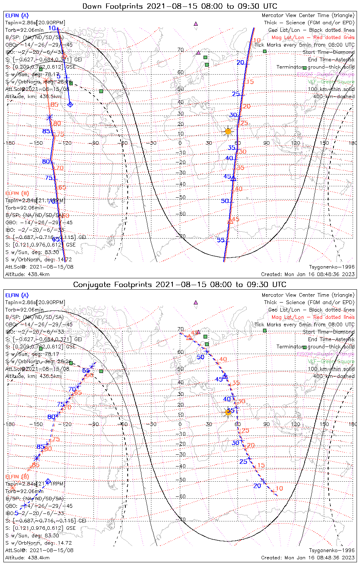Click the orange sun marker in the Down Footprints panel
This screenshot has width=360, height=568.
228,131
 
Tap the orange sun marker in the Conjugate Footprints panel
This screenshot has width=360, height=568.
228,412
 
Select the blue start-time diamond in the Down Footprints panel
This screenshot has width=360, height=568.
70,104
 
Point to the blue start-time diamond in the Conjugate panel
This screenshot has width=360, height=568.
48,481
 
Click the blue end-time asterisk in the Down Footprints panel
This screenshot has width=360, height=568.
49,117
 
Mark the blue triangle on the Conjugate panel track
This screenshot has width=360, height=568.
225,376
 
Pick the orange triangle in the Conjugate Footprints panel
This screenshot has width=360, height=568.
189,337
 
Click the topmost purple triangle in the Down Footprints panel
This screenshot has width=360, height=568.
196,23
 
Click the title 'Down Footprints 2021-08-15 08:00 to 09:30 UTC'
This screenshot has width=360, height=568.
180,6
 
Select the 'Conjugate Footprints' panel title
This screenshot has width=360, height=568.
180,284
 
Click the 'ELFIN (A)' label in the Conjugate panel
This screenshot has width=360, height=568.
17,295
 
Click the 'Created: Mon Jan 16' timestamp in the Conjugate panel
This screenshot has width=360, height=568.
308,557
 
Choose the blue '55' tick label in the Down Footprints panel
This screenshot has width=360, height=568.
221,240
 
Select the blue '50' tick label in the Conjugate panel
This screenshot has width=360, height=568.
200,357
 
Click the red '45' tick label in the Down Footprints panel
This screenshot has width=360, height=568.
235,219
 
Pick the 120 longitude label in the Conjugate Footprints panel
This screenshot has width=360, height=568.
296,424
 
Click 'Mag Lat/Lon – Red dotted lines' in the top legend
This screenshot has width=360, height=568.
313,37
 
